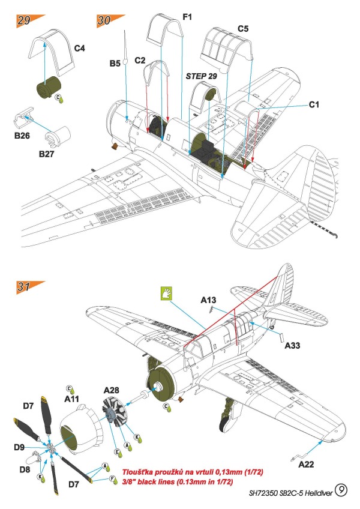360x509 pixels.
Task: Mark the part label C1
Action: point(314,104)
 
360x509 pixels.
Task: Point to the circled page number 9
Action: point(341,492)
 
